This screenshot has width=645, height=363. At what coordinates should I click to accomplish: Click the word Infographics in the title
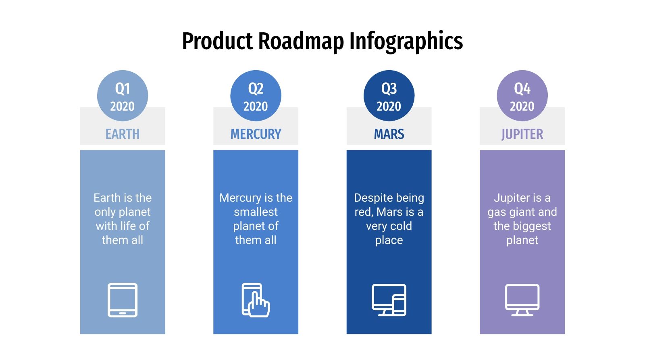406,41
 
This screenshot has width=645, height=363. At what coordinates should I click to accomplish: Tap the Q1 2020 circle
123,96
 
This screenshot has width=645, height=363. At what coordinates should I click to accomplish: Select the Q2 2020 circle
256,96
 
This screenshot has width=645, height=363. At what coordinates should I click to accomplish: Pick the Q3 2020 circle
389,96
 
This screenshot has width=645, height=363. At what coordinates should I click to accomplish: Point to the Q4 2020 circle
522,96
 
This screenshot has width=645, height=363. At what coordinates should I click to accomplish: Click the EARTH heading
123,134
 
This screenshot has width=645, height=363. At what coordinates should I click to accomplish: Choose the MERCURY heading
256,134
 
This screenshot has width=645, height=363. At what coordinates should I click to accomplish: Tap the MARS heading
389,134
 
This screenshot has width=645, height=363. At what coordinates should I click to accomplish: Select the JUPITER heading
522,134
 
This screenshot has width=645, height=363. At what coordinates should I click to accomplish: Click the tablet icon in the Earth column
123,300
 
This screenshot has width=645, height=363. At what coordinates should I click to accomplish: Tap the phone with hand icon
256,300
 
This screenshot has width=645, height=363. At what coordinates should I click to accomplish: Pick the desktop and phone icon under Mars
389,300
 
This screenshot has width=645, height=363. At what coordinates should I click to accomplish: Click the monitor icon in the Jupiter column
522,300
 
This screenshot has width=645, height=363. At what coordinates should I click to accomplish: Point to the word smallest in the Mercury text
256,212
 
